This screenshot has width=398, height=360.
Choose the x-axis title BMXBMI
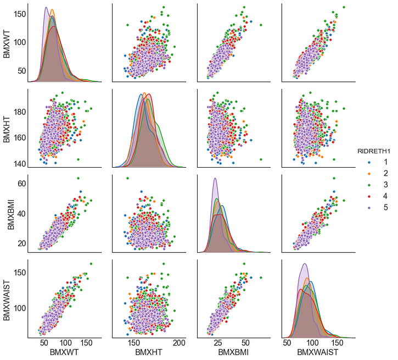point(233,352)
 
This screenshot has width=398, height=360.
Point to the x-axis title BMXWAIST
point(317,352)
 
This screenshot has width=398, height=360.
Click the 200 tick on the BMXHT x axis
point(178,342)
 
